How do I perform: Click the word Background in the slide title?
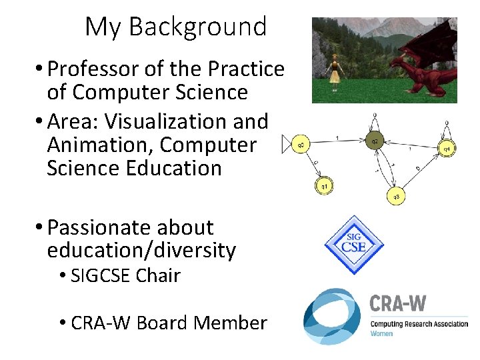pyautogui.click(x=197, y=27)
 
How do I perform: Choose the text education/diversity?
pyautogui.click(x=141, y=251)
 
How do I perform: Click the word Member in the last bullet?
pyautogui.click(x=230, y=323)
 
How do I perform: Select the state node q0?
pyautogui.click(x=301, y=144)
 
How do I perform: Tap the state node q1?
pyautogui.click(x=324, y=186)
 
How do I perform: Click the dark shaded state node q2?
pyautogui.click(x=375, y=141)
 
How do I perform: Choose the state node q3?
pyautogui.click(x=396, y=196)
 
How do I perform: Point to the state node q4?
pyautogui.click(x=446, y=148)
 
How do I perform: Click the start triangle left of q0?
pyautogui.click(x=287, y=144)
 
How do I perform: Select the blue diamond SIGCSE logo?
pyautogui.click(x=354, y=245)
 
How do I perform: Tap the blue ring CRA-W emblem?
pyautogui.click(x=332, y=316)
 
